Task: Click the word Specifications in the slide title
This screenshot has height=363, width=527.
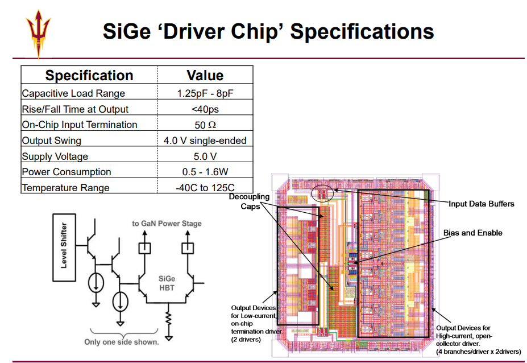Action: coord(362,31)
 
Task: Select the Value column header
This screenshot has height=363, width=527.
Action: coord(205,75)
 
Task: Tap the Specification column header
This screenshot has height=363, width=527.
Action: coord(89,75)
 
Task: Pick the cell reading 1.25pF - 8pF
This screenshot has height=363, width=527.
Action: coord(205,93)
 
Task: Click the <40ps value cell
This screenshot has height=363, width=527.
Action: coord(205,109)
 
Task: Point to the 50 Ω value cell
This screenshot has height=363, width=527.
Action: coord(205,125)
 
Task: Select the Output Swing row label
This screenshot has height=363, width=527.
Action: coord(51,141)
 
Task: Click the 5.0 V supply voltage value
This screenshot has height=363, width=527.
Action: coord(205,156)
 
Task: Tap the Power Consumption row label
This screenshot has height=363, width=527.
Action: coord(66,172)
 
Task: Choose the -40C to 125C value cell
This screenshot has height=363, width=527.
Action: coord(205,187)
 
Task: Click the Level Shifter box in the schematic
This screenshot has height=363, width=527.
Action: coord(64,247)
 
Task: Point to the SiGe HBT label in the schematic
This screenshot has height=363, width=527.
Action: coord(167,283)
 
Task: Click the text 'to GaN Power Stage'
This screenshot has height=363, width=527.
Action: coord(167,224)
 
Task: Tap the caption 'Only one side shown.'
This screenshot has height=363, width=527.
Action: coord(122,342)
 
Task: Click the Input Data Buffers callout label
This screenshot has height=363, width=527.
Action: coord(482,204)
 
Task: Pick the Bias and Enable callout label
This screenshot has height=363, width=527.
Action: coord(472,233)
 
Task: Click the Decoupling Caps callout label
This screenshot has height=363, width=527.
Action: coord(250,201)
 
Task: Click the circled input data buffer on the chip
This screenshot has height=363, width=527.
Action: coord(322,193)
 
